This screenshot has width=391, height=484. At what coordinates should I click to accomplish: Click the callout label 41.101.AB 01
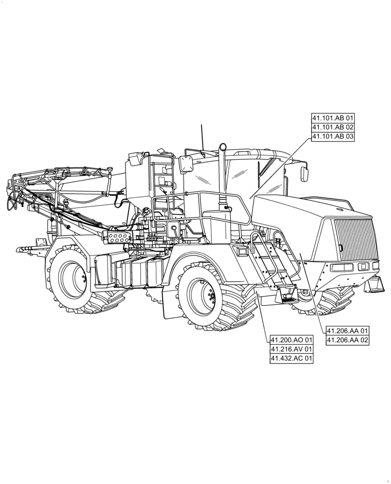tap(333, 118)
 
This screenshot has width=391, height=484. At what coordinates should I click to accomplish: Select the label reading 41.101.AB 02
tap(333, 127)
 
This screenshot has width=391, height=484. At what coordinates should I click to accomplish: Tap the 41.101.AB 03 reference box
tap(333, 137)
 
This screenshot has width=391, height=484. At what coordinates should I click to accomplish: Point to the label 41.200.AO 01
tap(292, 339)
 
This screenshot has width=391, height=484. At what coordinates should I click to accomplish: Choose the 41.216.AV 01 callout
tap(292, 349)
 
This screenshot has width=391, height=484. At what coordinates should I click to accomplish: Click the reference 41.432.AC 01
tap(292, 359)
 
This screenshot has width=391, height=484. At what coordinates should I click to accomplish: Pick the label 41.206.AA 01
tap(347, 331)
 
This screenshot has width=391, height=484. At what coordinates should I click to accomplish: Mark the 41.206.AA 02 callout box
tap(347, 340)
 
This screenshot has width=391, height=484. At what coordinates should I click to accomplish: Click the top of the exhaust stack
tap(223, 146)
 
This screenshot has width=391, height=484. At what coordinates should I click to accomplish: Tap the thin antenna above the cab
tap(202, 136)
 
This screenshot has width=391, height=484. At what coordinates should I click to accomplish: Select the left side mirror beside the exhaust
tap(186, 163)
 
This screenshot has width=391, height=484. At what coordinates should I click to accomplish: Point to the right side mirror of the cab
tap(305, 172)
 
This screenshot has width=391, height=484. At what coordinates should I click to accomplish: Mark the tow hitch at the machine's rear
tap(27, 250)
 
